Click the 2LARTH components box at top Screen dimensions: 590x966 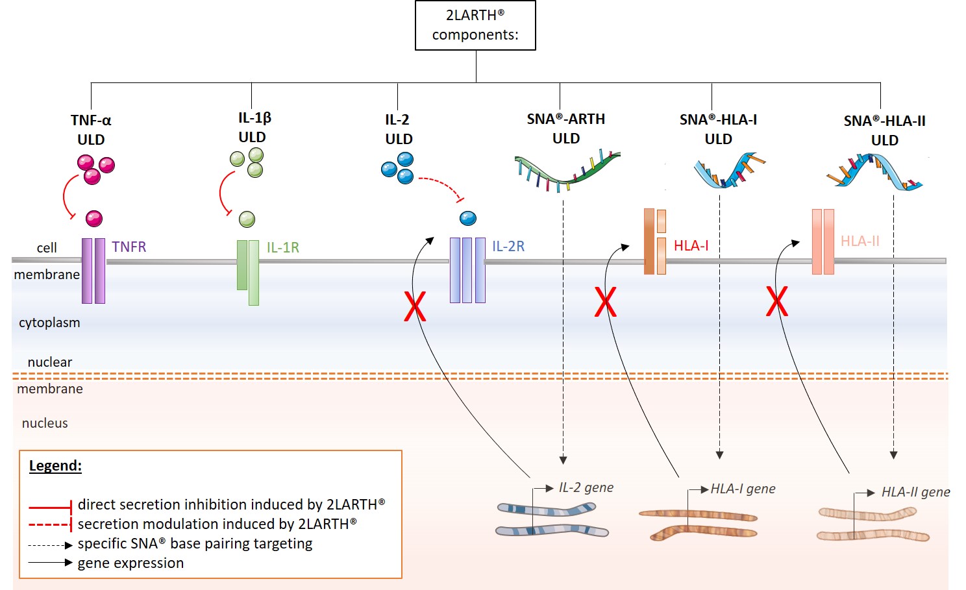(475, 25)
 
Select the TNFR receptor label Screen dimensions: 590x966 (129, 247)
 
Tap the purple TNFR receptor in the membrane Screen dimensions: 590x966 (93, 271)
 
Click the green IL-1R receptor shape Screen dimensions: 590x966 (248, 271)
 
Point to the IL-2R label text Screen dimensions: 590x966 (508, 247)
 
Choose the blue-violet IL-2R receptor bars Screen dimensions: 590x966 (467, 270)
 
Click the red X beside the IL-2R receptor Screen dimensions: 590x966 (415, 306)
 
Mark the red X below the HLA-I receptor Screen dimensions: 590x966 (605, 302)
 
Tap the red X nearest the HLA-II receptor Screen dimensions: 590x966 (776, 301)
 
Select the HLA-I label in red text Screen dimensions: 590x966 (691, 245)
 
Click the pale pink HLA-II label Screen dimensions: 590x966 (860, 241)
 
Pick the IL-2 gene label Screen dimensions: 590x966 (586, 487)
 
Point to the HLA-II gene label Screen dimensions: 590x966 (915, 492)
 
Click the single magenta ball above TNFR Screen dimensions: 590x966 (94, 218)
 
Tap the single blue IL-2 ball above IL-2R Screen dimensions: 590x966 (468, 218)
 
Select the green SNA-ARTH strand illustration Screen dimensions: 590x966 (566, 170)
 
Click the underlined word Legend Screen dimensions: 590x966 (55, 465)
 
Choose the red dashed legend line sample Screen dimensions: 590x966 (50, 524)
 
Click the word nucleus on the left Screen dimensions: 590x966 (45, 423)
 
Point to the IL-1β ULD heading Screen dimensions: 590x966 (253, 127)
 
